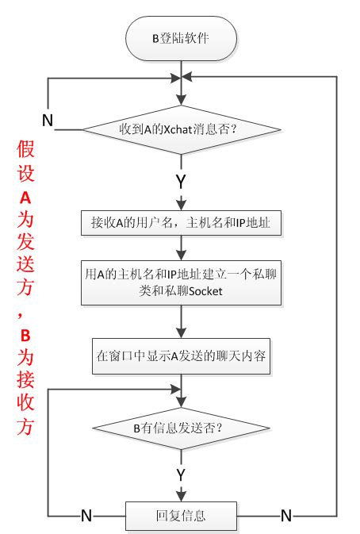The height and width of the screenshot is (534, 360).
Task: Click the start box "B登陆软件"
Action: tap(182, 37)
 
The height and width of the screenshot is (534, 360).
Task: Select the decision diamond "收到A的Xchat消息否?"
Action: tap(182, 129)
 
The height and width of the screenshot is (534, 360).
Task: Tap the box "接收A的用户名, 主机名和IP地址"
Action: tap(182, 224)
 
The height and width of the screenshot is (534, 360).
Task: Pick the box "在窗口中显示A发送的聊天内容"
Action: tap(182, 356)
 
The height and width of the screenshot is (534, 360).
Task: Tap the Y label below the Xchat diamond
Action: tap(182, 181)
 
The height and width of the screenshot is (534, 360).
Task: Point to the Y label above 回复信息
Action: tap(182, 474)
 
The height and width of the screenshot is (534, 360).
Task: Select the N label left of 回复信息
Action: tap(87, 516)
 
